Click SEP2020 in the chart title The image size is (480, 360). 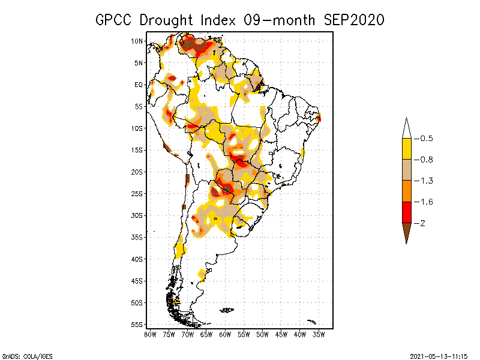[354, 20]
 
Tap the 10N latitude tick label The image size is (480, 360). [137, 41]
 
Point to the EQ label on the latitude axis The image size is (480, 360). [139, 85]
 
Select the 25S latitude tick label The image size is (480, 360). [137, 193]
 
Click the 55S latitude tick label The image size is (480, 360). [137, 324]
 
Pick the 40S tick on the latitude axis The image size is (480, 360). [137, 259]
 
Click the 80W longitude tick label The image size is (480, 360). [150, 334]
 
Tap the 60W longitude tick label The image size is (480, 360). [225, 334]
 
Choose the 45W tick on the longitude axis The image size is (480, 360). [281, 334]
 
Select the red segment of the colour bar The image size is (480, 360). [406, 212]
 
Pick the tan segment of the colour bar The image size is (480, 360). [406, 170]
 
